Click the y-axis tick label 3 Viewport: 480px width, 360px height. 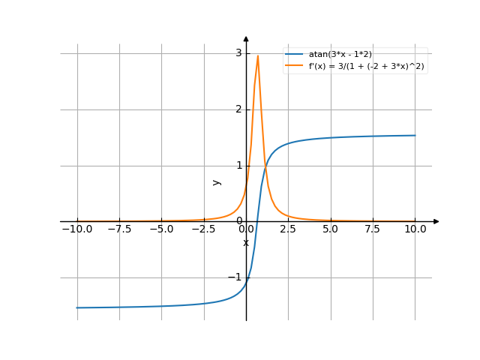(x=238, y=53)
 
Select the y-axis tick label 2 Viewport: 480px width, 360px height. (x=238, y=109)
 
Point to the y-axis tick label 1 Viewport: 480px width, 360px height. (x=238, y=166)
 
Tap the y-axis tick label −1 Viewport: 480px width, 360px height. (x=235, y=277)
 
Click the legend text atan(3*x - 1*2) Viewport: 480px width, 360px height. (x=340, y=55)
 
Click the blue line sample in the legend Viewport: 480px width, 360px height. (x=294, y=55)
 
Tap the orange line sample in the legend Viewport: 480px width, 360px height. (x=294, y=66)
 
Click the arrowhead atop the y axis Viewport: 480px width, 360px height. (x=246, y=38)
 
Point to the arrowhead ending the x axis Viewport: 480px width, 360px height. (x=436, y=221)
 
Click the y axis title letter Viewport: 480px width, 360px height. (x=217, y=181)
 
